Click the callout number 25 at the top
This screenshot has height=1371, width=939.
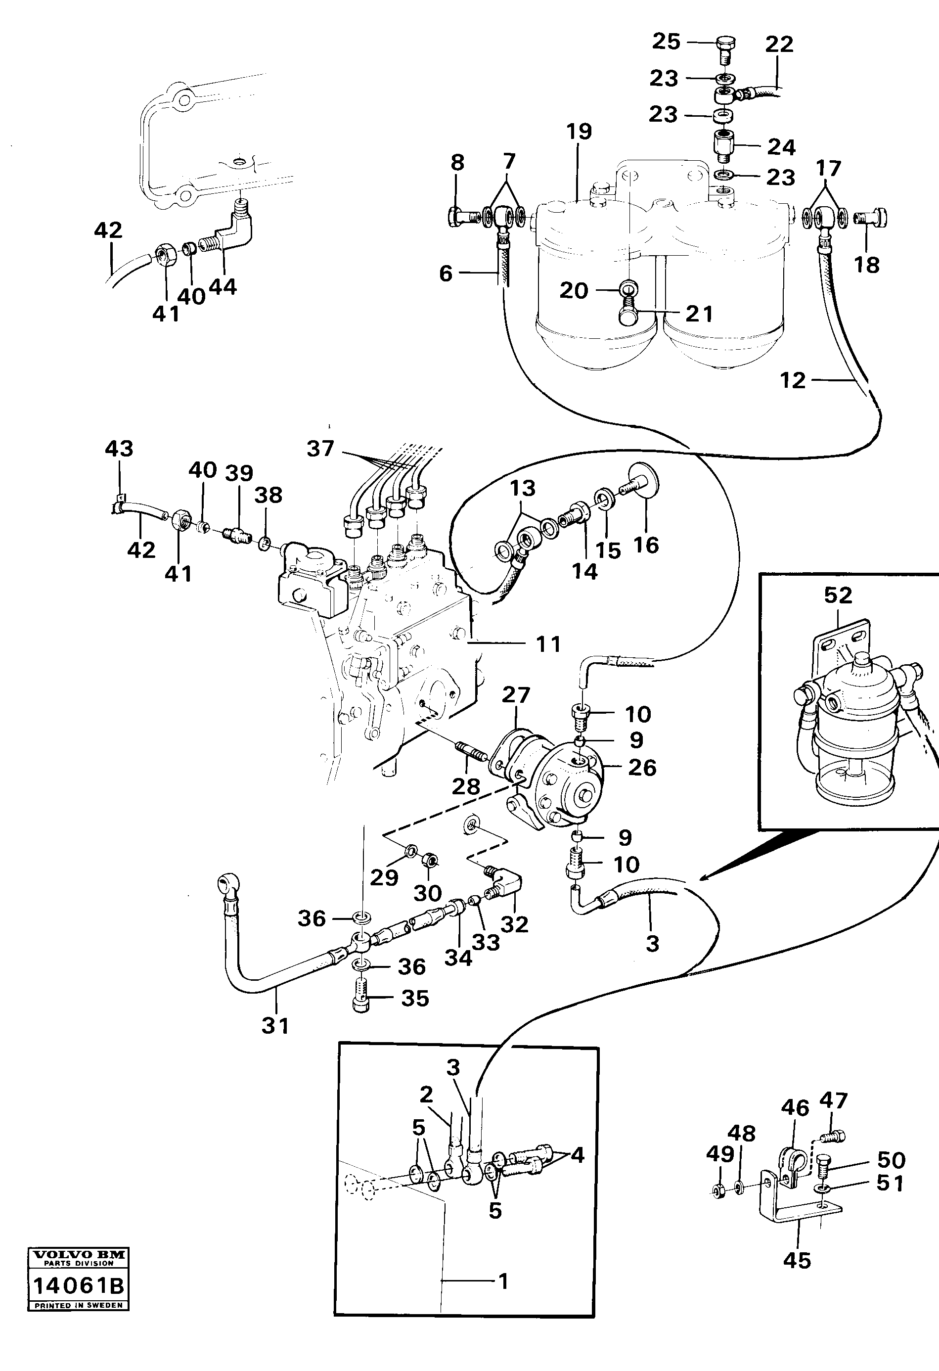tap(666, 41)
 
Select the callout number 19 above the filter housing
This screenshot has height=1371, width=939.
tap(579, 131)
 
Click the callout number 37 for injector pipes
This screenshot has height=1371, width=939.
tap(320, 449)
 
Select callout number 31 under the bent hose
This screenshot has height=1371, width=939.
tap(275, 1025)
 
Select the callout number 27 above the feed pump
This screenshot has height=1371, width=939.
tap(516, 694)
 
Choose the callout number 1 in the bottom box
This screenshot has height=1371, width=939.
tap(502, 1281)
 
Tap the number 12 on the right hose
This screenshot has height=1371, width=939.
tap(792, 380)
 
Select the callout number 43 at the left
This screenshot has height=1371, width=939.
tap(119, 449)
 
